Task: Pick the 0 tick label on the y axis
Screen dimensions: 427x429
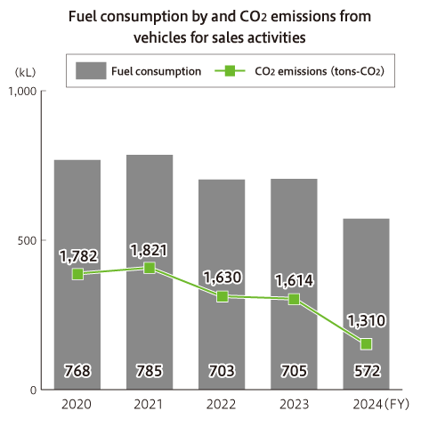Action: click(x=33, y=390)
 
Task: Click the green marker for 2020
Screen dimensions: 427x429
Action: click(x=78, y=274)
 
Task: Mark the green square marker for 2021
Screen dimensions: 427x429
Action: click(x=150, y=268)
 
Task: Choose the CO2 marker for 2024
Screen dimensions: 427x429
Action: click(x=366, y=344)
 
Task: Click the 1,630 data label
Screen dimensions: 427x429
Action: click(x=221, y=277)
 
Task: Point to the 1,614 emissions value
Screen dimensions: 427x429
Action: click(x=294, y=279)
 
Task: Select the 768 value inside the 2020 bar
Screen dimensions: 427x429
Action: click(x=77, y=370)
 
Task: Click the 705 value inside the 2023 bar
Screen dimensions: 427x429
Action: click(x=294, y=370)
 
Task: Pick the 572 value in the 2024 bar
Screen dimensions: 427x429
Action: click(x=366, y=370)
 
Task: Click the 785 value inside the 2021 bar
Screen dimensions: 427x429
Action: click(x=150, y=370)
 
